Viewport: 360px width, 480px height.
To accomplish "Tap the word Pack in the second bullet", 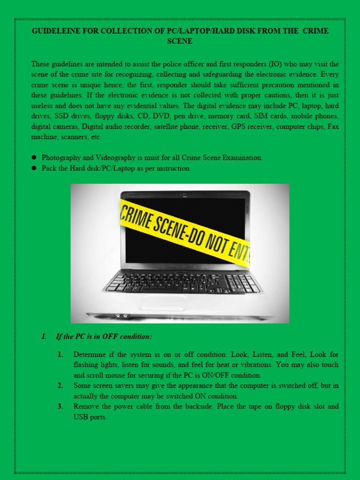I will [49, 168].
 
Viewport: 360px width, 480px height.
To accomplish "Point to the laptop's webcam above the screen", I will [185, 194].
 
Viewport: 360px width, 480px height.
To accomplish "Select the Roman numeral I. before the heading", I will [44, 337].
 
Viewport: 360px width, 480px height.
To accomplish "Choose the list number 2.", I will [60, 386].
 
